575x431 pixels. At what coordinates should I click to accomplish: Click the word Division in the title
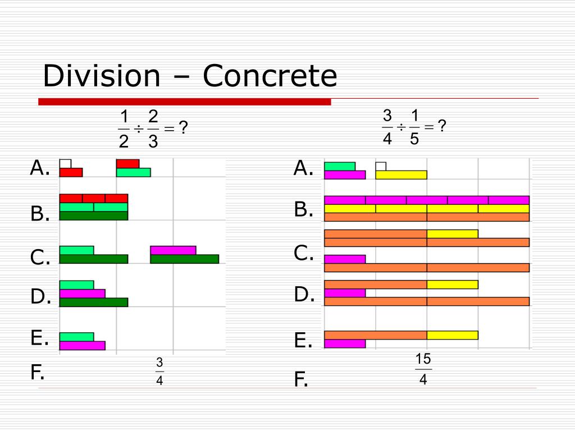101,76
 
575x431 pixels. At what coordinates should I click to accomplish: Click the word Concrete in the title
270,76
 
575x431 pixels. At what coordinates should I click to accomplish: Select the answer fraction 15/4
423,369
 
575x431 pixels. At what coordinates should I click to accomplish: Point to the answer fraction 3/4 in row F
159,372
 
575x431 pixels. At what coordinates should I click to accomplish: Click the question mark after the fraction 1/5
442,127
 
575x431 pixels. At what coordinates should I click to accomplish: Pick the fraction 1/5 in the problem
414,127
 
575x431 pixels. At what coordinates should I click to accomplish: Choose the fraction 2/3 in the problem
153,129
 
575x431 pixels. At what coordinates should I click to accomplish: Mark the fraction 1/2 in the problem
124,129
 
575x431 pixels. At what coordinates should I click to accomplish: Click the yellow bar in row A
401,175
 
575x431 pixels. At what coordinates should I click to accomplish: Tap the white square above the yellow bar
381,166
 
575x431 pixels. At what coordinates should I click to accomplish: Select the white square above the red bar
65,163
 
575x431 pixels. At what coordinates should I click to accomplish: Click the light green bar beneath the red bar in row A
133,172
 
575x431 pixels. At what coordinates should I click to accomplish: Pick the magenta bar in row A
345,175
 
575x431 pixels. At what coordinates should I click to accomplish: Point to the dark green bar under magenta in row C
184,259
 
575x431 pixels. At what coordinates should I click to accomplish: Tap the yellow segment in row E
452,335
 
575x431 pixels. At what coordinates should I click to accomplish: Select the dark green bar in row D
94,302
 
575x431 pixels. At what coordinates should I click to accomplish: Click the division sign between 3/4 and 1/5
401,127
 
